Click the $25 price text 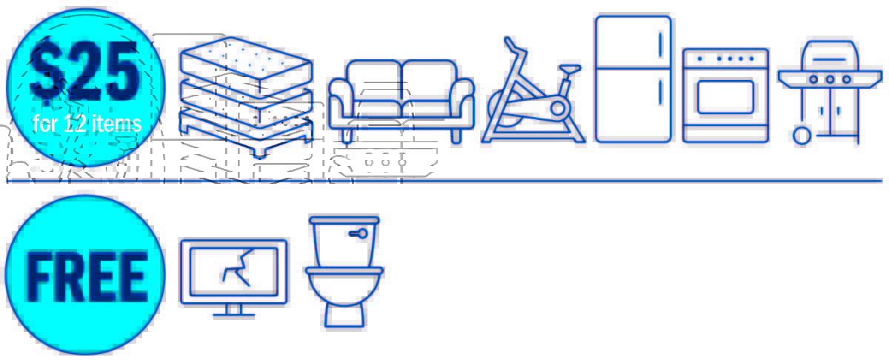click(x=84, y=70)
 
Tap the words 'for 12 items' click(x=87, y=124)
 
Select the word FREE click(x=86, y=276)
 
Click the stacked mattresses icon click(x=246, y=97)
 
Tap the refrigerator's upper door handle click(x=661, y=44)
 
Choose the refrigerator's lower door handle click(x=661, y=92)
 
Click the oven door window click(x=725, y=97)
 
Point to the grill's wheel click(x=802, y=136)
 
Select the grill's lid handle click(x=830, y=59)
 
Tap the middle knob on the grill click(x=830, y=79)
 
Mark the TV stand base click(x=234, y=316)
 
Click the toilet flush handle click(x=359, y=233)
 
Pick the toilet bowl click(x=344, y=287)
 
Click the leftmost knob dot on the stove click(x=699, y=59)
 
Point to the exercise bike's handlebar click(x=514, y=47)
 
